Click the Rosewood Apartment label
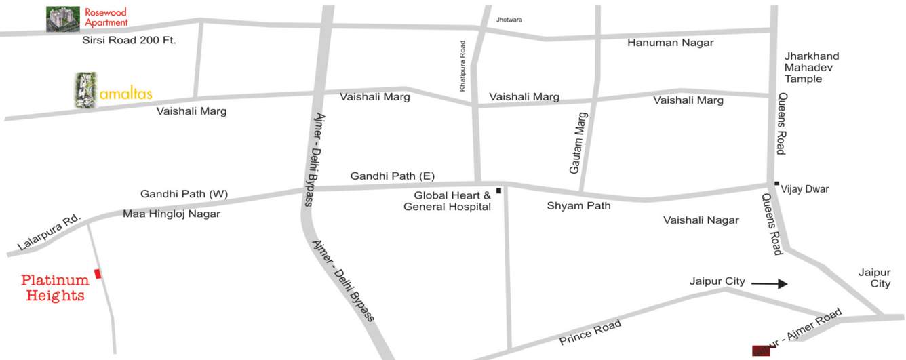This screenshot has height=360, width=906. (106, 18)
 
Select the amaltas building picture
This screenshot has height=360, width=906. (85, 90)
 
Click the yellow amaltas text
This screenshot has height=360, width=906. (125, 94)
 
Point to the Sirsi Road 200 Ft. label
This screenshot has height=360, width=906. (129, 41)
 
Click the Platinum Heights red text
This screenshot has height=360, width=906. (55, 287)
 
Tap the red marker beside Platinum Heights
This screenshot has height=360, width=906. (98, 273)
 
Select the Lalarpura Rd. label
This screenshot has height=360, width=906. (48, 234)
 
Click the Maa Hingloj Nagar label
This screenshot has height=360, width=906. (172, 214)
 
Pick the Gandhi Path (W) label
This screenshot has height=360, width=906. (184, 194)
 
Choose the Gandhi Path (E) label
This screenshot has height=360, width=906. (392, 176)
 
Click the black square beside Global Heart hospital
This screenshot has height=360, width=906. (498, 191)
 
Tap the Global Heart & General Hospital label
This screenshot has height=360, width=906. (447, 201)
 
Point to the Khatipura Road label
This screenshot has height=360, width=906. (462, 65)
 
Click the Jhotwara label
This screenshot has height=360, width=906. (510, 20)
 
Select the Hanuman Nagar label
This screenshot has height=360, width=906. (670, 43)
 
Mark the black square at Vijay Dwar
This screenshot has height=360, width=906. (776, 183)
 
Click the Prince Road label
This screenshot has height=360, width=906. (590, 332)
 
